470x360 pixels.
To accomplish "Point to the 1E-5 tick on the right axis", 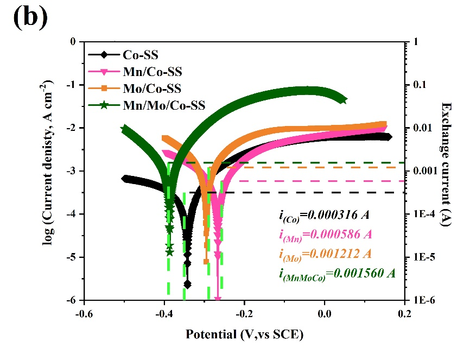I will tap(422, 257).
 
